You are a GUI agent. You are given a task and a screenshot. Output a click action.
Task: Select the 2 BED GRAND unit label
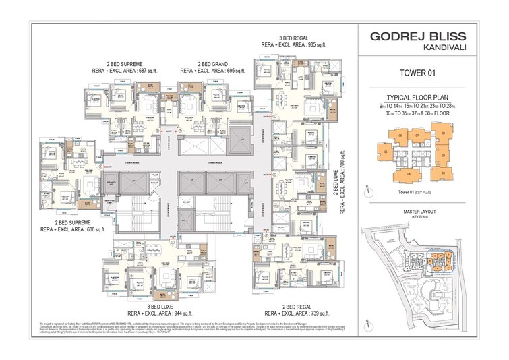click(203, 62)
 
